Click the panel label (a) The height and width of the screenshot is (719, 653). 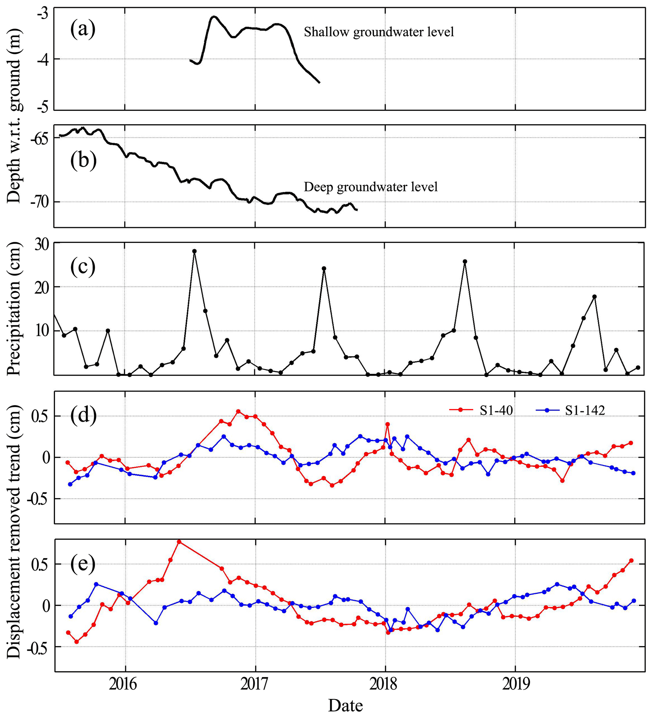83,29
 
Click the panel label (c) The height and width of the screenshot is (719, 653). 83,267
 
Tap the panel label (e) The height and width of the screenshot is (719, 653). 83,564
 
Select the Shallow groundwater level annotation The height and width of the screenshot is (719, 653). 379,32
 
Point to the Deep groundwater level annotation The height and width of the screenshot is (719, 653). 371,187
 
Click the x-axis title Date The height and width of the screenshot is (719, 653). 345,705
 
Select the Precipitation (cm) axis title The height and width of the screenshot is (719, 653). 14,309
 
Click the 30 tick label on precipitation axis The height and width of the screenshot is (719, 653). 41,245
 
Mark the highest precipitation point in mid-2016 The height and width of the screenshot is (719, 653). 194,251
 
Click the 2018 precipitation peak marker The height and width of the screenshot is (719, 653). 465,262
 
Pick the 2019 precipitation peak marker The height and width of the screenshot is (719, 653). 594,296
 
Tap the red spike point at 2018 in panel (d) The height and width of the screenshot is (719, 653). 387,424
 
